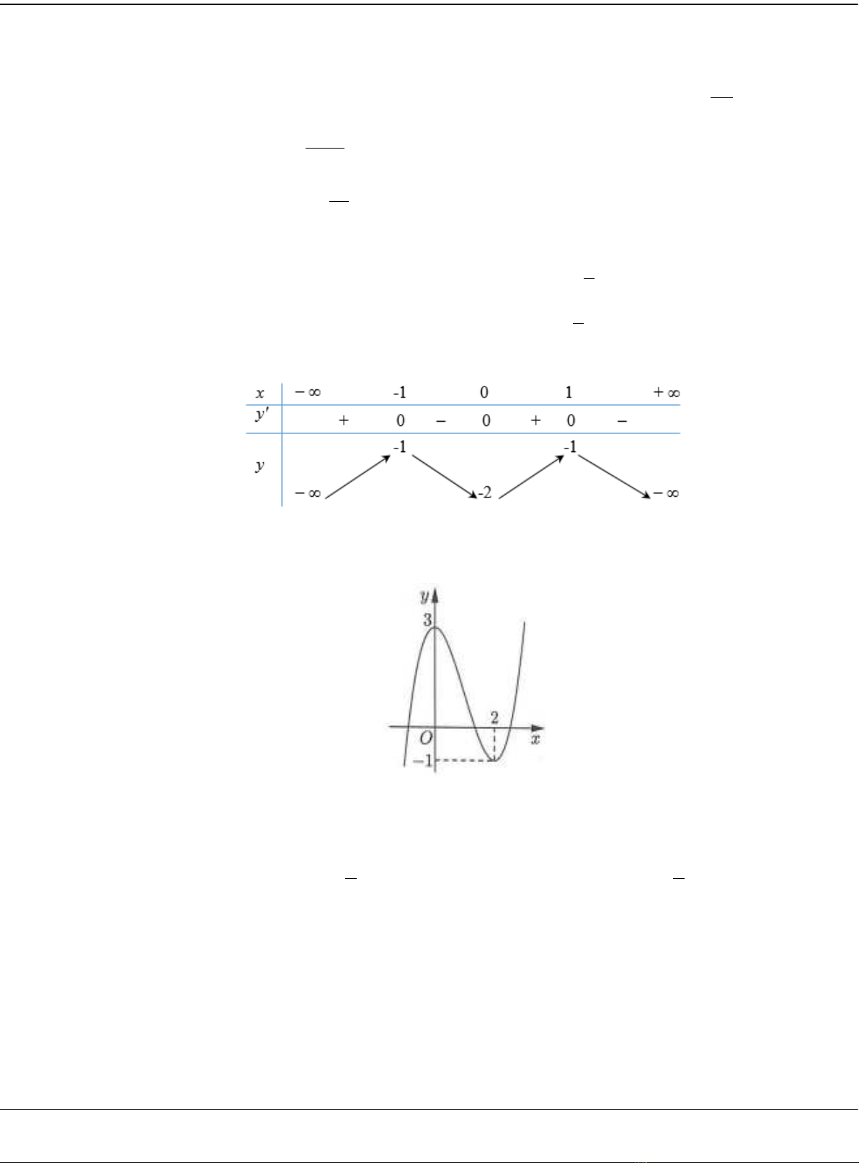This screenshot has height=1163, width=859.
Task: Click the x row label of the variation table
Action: point(260,393)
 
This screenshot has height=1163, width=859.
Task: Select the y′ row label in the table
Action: point(262,415)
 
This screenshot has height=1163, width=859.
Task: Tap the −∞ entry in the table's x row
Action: point(308,392)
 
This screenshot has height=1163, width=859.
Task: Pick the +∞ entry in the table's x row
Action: point(667,392)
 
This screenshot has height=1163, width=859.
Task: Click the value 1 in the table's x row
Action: point(569,392)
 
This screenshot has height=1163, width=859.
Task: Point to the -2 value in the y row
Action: point(485,493)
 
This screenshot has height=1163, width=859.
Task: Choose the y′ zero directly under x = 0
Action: point(486,420)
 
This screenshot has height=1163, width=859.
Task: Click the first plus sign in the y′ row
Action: point(343,420)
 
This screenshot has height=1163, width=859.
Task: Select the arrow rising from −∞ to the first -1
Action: point(358,477)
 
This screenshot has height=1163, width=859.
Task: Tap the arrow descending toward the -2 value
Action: point(445,476)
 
